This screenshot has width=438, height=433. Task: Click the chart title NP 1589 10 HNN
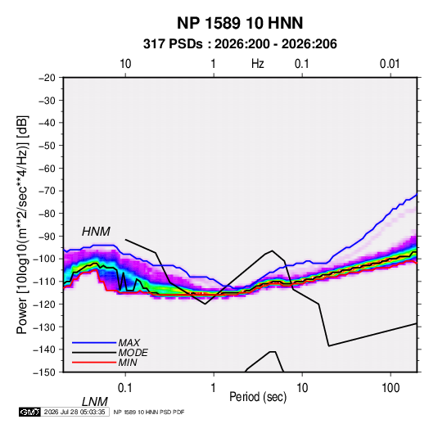(240, 23)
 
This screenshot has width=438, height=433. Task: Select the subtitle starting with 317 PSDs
(240, 44)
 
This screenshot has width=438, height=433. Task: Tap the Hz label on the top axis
(258, 64)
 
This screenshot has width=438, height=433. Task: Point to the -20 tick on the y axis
(47, 78)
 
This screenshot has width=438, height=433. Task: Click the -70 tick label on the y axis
(47, 191)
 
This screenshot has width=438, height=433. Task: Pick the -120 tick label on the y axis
(45, 304)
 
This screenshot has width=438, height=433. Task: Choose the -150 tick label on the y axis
(45, 372)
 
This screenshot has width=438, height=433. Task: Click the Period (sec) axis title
(258, 397)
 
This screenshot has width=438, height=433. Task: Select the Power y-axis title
(22, 225)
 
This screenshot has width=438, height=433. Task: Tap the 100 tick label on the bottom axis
(391, 388)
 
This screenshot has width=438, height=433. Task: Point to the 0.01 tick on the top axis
(390, 64)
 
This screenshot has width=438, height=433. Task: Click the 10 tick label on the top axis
(125, 64)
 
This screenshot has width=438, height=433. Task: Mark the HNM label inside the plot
(96, 232)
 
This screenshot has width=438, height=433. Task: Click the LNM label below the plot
(95, 402)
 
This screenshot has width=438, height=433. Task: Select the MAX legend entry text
(129, 342)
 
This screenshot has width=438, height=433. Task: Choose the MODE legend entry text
(133, 353)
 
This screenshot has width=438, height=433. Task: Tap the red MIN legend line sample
(94, 363)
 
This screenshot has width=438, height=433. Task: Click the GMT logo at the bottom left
(29, 412)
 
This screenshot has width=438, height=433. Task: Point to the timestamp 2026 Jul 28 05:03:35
(75, 412)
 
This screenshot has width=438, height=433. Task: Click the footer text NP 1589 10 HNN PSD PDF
(149, 412)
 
